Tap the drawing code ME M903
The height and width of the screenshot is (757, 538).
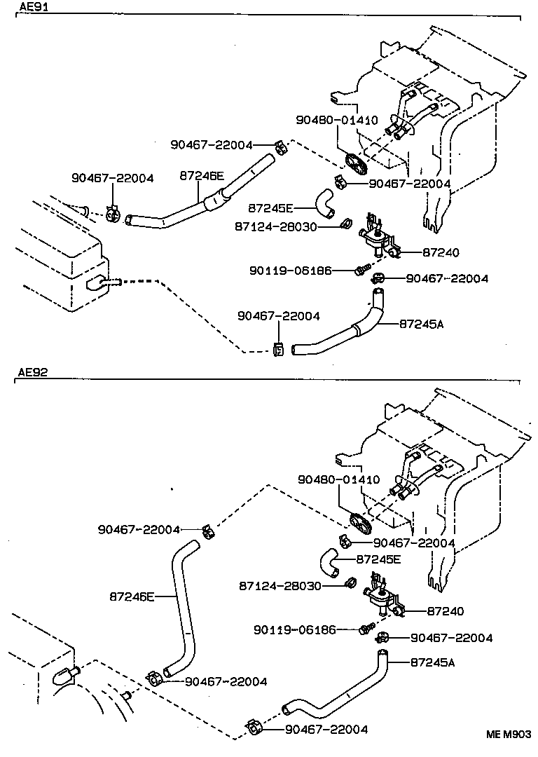coord(509,735)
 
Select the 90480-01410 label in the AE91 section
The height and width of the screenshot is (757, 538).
coord(337,121)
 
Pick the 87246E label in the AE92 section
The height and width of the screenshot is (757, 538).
coord(132,596)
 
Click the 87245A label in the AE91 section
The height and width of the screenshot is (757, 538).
coord(421,323)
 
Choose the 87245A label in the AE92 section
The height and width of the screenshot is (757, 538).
coord(432,661)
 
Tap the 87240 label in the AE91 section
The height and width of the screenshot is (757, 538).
coord(441,252)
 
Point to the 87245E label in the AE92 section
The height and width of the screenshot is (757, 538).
coord(378,559)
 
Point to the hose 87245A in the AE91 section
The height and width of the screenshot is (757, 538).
coord(343,335)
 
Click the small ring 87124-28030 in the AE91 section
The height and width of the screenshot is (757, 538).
coord(345,225)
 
